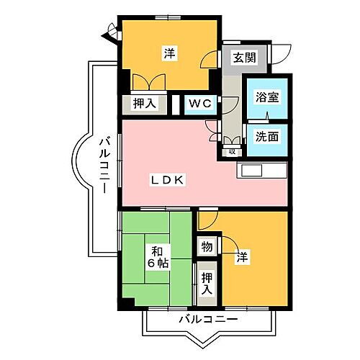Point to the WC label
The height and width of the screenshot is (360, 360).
[200, 103]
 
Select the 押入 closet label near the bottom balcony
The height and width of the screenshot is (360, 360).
[207, 283]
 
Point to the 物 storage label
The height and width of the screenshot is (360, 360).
[207, 247]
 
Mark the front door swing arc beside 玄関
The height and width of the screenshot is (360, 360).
[282, 55]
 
